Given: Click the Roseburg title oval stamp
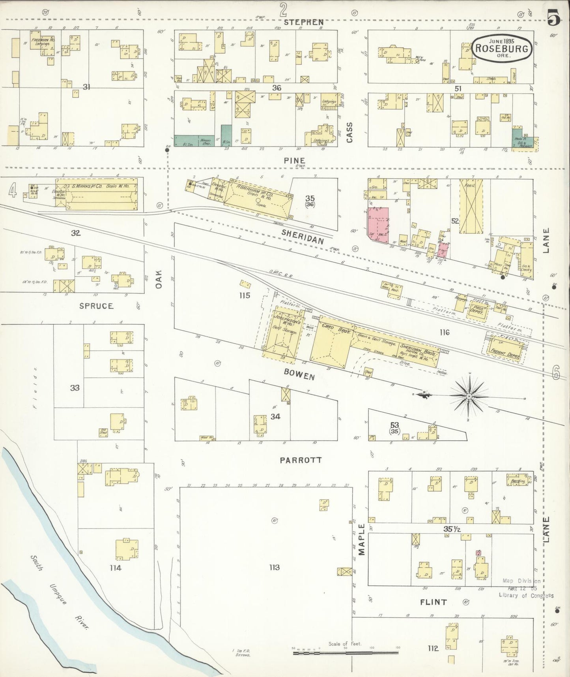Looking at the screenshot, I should [x=504, y=48].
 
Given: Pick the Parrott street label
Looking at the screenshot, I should [x=301, y=460].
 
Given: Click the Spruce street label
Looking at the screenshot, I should [x=96, y=306].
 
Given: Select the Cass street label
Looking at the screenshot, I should [x=349, y=132].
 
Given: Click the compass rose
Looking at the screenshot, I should [x=469, y=395].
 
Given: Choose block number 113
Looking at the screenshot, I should [x=275, y=567].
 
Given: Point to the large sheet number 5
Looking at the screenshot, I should [x=554, y=18].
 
